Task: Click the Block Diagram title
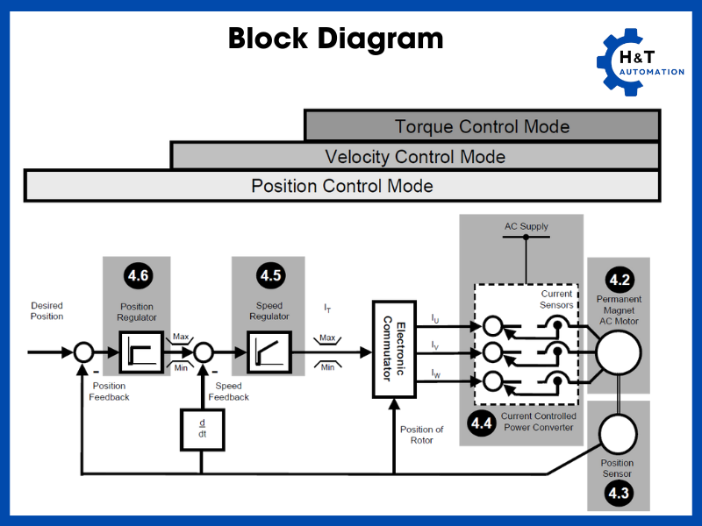coord(335,39)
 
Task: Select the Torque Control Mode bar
coord(482,125)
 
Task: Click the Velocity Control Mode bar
coord(415,156)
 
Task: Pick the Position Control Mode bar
coord(342,186)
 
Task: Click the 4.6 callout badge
coord(138,276)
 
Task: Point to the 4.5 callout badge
coord(270,276)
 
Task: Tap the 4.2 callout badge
coord(620,281)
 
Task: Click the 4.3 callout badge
coord(619,494)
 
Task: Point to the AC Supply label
coord(526,226)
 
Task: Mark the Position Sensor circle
coord(618,433)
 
